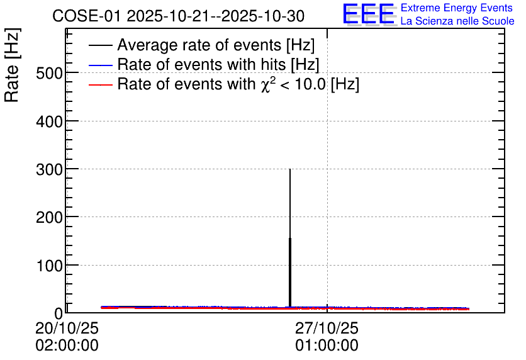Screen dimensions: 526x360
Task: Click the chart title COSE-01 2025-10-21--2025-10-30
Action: tap(178, 16)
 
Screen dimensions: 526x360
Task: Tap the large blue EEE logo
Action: tap(369, 14)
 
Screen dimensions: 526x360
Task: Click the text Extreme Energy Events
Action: tap(456, 8)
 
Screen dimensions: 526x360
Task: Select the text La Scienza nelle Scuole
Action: tap(457, 21)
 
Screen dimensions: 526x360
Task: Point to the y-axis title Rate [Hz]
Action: tap(12, 65)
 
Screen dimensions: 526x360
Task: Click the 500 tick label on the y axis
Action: tap(49, 73)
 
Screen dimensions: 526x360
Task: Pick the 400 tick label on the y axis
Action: tap(49, 121)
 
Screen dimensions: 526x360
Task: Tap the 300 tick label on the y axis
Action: tap(49, 169)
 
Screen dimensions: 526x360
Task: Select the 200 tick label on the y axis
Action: tap(49, 217)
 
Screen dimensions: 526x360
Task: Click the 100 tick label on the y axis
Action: tap(49, 266)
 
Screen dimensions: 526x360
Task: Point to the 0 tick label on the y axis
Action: tap(59, 313)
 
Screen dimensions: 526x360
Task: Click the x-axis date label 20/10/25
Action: tap(67, 328)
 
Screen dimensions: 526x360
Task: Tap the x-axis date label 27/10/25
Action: tap(327, 328)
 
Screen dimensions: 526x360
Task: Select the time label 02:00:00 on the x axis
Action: tap(67, 346)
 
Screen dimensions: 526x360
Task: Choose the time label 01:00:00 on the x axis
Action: tap(327, 346)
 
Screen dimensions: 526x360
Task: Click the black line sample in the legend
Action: tap(100, 45)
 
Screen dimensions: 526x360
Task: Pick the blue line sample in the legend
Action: tap(100, 65)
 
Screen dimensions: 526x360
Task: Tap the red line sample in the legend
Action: tap(100, 84)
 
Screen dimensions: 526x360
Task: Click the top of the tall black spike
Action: tap(290, 169)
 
